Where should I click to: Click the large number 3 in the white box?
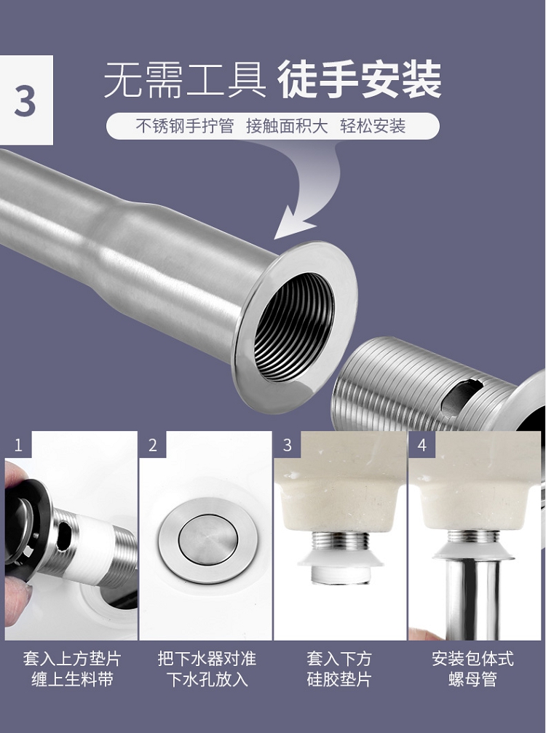pyautogui.click(x=25, y=101)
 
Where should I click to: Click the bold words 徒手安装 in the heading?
pyautogui.click(x=360, y=79)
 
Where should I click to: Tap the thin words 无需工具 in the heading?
pyautogui.click(x=185, y=80)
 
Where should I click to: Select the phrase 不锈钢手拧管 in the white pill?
pyautogui.click(x=185, y=126)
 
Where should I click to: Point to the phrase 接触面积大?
pyautogui.click(x=287, y=126)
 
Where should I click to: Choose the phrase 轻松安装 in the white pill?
pyautogui.click(x=373, y=126)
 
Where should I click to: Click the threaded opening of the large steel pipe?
pyautogui.click(x=294, y=328)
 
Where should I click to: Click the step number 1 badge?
pyautogui.click(x=18, y=445)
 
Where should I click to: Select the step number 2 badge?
pyautogui.click(x=153, y=445)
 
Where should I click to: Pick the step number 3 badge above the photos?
pyautogui.click(x=288, y=445)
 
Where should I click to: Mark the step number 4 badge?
pyautogui.click(x=422, y=445)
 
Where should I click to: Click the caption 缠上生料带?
pyautogui.click(x=73, y=679)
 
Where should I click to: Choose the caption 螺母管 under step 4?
pyautogui.click(x=472, y=679)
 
